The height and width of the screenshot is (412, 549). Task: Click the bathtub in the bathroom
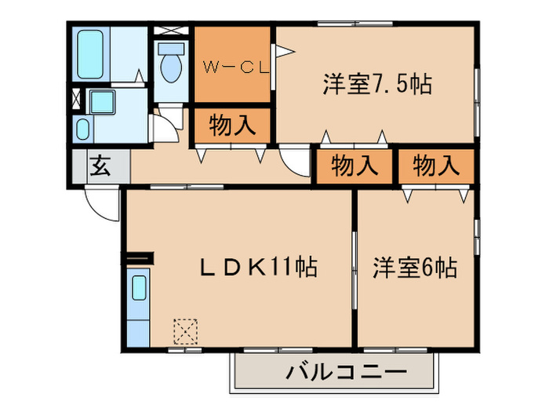(x=92, y=53)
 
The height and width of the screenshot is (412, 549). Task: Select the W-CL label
(x=232, y=67)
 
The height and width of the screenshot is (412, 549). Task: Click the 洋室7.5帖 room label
(x=376, y=84)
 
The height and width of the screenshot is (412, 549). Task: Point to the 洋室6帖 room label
(x=415, y=268)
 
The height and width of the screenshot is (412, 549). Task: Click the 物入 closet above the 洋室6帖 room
(x=435, y=166)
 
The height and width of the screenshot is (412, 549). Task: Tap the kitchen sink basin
(x=138, y=290)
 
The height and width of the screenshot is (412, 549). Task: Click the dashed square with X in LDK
(x=186, y=331)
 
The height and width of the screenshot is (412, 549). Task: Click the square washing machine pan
(x=101, y=102)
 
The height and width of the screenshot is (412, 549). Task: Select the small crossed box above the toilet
(x=169, y=31)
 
